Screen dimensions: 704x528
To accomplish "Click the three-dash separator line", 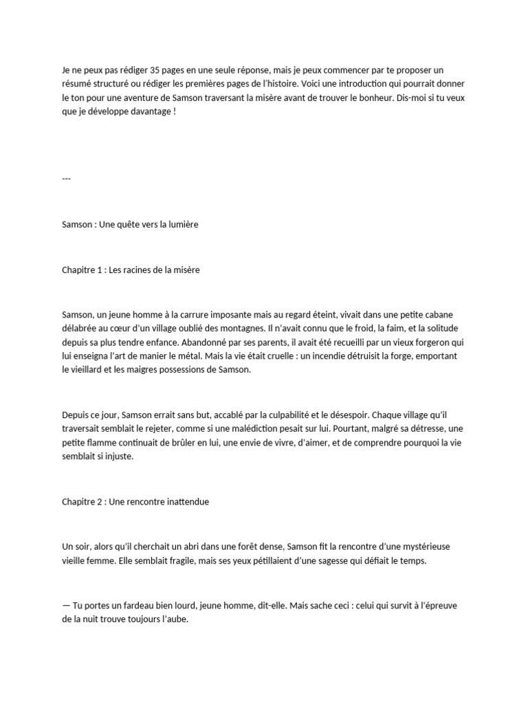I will (67, 179).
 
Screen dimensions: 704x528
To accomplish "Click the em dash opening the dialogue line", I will (66, 606).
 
